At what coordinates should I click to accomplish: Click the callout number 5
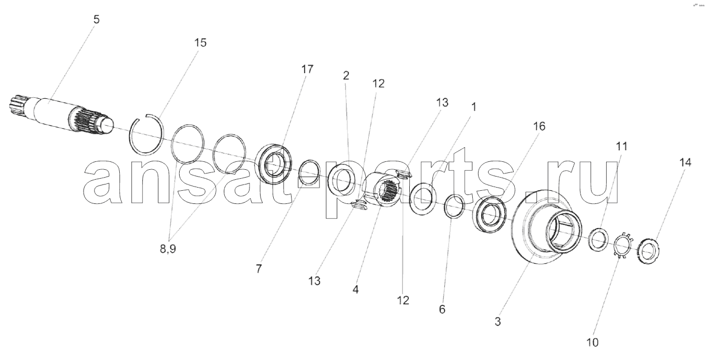(x=96, y=19)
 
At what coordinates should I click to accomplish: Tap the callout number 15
(x=200, y=43)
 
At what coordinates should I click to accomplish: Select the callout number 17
(x=307, y=69)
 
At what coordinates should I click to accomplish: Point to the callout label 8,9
(x=168, y=249)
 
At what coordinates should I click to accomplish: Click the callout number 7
(x=258, y=269)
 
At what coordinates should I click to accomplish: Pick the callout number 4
(x=355, y=290)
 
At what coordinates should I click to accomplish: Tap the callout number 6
(x=442, y=310)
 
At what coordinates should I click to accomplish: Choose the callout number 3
(x=497, y=322)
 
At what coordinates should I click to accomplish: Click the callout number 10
(x=592, y=342)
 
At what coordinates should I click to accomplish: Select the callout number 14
(x=685, y=162)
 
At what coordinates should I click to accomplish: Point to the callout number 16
(x=539, y=126)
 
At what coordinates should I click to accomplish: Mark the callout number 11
(x=621, y=146)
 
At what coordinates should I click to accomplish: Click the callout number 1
(x=474, y=107)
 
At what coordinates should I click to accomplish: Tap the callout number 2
(x=346, y=76)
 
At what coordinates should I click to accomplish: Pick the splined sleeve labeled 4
(x=387, y=191)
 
